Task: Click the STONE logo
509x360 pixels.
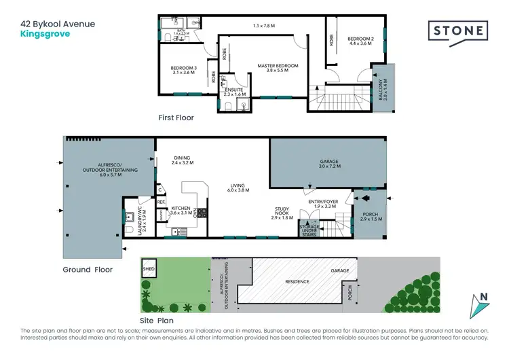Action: tap(458, 30)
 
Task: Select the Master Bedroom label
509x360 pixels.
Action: tap(278, 68)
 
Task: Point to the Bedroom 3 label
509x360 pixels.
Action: tap(183, 71)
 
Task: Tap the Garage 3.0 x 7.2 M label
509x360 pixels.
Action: tap(328, 164)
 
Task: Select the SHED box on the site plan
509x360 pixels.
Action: tap(149, 268)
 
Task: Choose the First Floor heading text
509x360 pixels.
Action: tap(176, 118)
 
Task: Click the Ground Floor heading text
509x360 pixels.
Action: tap(88, 270)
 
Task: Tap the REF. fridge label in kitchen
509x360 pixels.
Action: tap(162, 202)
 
